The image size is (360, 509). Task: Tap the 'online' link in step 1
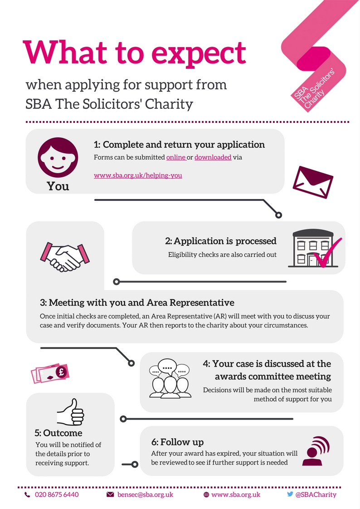(176, 157)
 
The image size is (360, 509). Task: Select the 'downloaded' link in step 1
(213, 157)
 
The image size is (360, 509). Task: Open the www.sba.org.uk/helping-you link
(138, 175)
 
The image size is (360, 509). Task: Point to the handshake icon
(63, 257)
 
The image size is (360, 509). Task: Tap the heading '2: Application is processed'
(221, 241)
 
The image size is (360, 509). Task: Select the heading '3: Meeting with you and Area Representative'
(137, 302)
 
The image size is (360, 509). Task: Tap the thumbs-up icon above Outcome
(71, 412)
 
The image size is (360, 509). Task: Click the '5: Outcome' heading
(59, 433)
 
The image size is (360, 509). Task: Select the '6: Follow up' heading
(177, 441)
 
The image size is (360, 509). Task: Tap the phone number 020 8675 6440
(57, 494)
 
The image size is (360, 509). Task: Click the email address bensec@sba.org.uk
(145, 494)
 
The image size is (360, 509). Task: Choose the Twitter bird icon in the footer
(290, 494)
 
